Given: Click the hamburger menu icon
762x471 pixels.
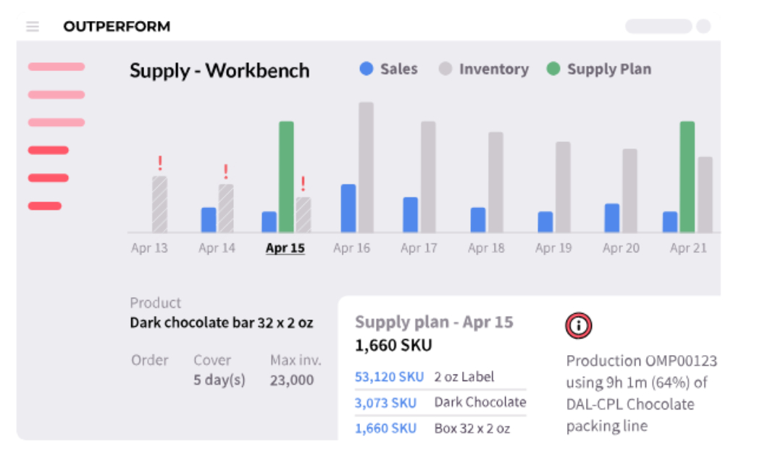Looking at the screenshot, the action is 33,26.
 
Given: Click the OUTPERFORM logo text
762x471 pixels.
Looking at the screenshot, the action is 117,26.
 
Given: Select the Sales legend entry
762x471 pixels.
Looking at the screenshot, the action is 388,69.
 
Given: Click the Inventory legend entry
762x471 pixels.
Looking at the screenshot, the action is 484,69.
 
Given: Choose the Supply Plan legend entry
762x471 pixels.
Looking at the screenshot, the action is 599,69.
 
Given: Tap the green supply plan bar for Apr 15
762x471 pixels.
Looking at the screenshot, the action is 286,176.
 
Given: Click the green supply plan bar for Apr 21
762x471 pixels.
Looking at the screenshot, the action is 687,176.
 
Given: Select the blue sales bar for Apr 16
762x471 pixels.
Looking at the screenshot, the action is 348,208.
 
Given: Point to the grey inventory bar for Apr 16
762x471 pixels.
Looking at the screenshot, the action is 366,167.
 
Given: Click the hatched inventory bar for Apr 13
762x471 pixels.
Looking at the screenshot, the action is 160,204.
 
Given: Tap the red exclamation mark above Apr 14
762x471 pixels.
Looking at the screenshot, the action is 225,171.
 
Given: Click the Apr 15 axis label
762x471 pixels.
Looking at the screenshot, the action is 285,248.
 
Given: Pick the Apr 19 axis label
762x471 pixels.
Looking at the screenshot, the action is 553,248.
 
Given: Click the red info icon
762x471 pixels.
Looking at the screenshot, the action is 578,325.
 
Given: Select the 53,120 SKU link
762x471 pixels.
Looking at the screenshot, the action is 389,377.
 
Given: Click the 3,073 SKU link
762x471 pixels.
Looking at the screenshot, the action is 385,402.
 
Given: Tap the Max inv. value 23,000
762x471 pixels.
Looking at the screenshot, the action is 292,380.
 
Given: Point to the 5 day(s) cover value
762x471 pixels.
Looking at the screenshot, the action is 219,380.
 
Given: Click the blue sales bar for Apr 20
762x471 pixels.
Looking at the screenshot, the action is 612,218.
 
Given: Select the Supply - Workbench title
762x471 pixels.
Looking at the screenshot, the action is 219,71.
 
